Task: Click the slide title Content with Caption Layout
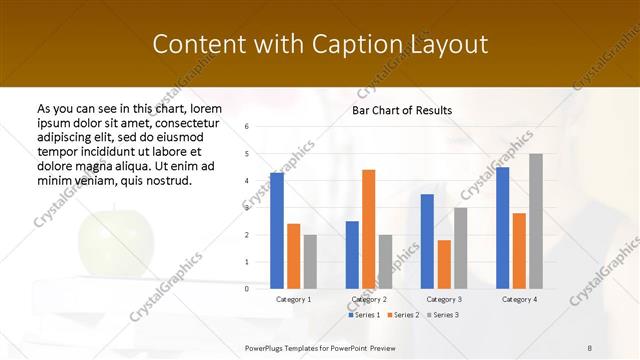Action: point(320,45)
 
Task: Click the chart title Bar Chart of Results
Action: point(402,110)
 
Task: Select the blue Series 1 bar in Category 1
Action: point(277,231)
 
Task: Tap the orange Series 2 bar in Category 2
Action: point(369,229)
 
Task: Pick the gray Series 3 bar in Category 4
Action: point(536,221)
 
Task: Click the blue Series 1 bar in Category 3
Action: point(427,241)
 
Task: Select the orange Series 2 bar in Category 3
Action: point(444,264)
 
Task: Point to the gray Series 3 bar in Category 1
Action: point(310,261)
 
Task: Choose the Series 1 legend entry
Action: point(364,315)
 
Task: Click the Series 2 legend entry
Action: point(404,315)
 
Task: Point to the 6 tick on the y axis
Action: point(247,127)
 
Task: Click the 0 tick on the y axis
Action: point(247,288)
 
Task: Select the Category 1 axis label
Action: point(293,299)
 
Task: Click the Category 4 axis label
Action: point(519,299)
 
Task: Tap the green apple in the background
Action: point(116,243)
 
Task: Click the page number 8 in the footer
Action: point(590,346)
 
